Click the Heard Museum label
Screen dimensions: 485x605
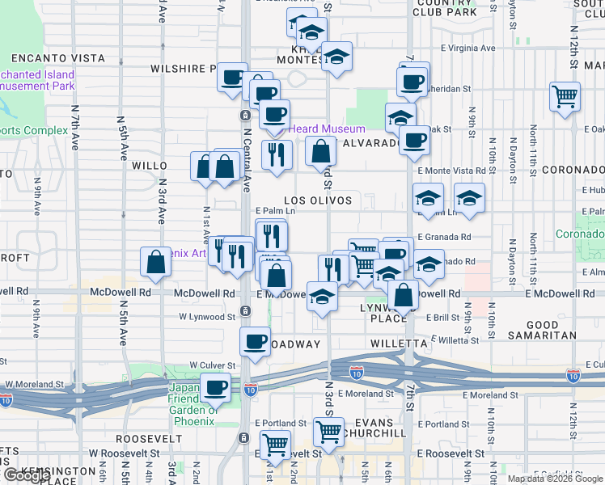click(x=327, y=129)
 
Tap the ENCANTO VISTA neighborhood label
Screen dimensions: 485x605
click(x=58, y=58)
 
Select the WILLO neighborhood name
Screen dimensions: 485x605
click(x=149, y=165)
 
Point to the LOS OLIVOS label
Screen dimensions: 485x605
click(x=318, y=200)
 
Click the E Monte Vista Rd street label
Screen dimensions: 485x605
click(x=451, y=171)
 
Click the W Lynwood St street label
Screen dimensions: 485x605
click(x=207, y=317)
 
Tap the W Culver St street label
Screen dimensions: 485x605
click(x=211, y=365)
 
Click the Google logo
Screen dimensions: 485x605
click(x=26, y=475)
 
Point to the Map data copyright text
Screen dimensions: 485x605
click(x=555, y=479)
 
